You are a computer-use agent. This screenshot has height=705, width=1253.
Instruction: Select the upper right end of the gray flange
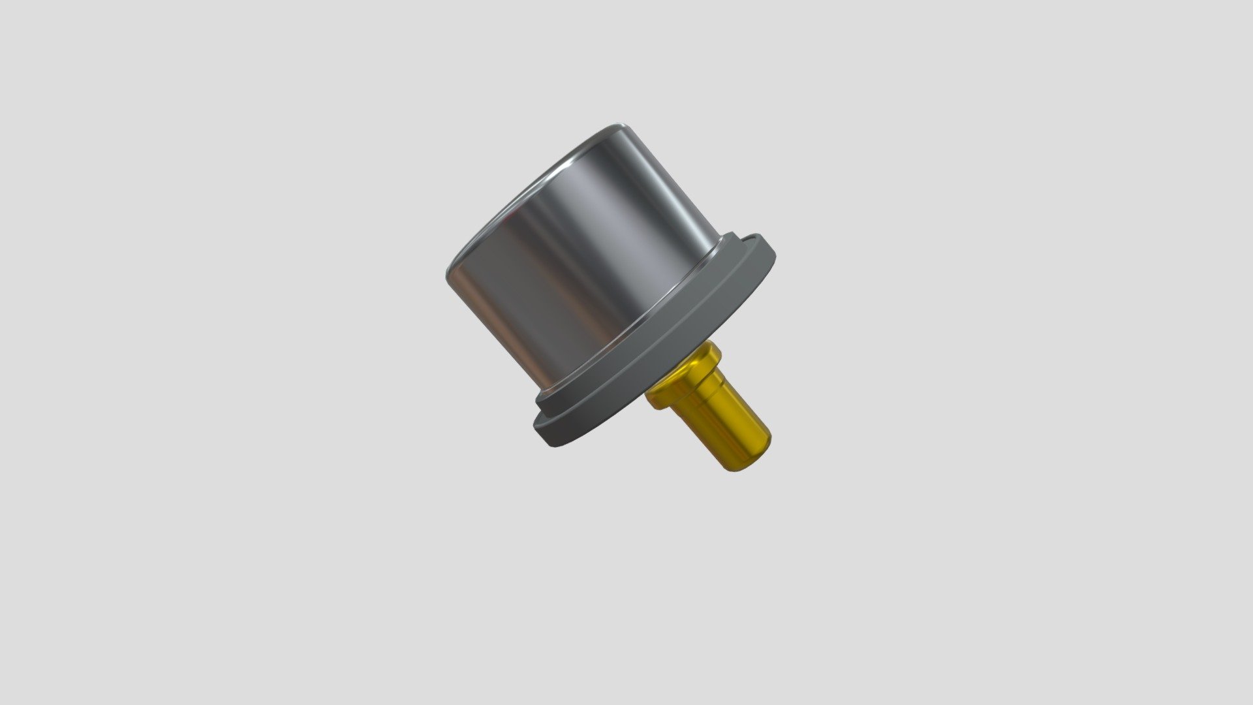pos(767,245)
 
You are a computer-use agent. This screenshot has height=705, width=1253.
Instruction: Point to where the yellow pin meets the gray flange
pos(659,392)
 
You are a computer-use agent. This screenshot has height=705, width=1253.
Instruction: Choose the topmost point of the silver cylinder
pos(620,123)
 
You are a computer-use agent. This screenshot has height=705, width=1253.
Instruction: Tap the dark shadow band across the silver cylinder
pos(555,281)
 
